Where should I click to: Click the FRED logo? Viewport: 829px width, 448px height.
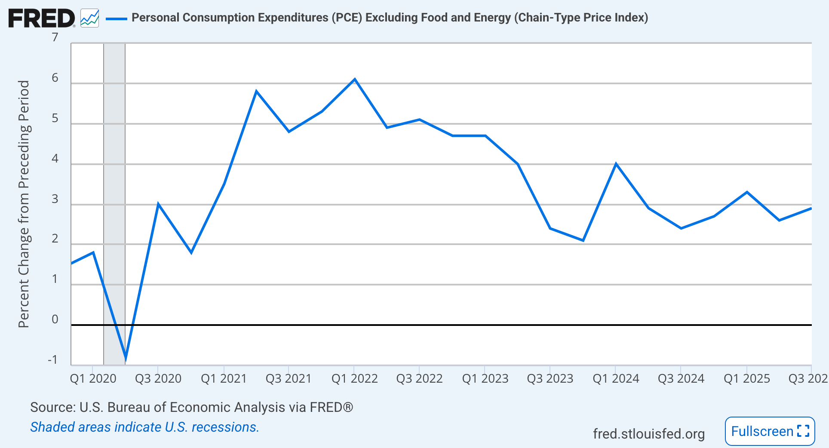[41, 18]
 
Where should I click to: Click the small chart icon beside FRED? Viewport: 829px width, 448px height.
[90, 18]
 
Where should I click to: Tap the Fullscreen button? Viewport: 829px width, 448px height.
[770, 431]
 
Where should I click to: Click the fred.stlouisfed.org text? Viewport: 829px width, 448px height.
[648, 434]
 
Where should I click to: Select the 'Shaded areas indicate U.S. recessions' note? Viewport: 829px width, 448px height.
[144, 427]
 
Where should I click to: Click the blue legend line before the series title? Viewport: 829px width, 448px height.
[116, 18]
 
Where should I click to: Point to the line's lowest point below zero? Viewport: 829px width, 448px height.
[126, 359]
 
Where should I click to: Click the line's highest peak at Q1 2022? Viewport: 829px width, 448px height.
[354, 79]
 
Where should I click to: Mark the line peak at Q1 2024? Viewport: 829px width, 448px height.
[616, 164]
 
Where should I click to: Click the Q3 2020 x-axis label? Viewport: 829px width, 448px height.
[158, 379]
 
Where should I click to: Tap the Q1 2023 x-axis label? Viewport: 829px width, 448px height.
[485, 379]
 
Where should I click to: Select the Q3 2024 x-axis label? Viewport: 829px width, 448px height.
[681, 379]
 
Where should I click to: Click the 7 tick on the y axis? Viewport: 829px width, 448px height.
[55, 37]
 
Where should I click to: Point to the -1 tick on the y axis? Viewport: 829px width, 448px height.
[52, 360]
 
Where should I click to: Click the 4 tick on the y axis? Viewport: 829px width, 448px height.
[55, 159]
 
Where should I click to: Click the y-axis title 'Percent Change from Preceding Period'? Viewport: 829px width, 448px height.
[24, 204]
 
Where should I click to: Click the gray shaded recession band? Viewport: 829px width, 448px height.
[114, 172]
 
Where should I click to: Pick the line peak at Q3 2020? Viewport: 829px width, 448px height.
[158, 204]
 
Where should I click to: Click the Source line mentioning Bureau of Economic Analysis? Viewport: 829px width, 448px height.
[191, 407]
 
